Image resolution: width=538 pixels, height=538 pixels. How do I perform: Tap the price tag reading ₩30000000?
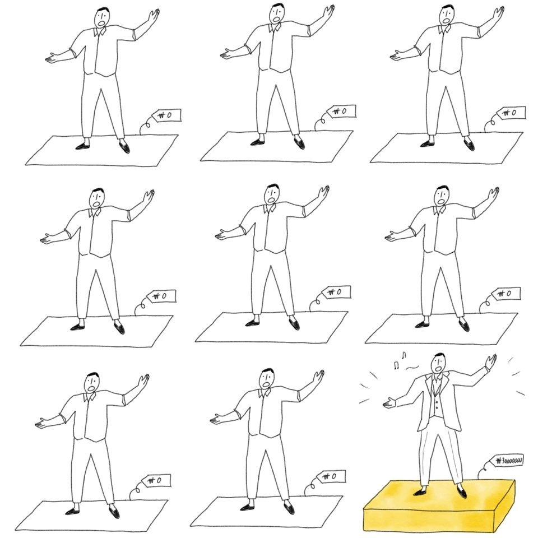point(508,460)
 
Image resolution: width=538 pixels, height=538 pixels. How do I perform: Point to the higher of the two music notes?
point(404,355)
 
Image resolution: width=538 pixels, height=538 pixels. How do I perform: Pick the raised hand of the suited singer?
point(491,361)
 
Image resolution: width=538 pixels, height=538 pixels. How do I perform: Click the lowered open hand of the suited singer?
point(389,402)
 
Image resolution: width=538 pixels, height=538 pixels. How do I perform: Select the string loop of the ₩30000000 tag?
point(484,471)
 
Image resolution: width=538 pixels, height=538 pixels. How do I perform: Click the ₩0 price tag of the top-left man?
point(166,115)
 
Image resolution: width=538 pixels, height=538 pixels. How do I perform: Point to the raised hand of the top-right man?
point(498,15)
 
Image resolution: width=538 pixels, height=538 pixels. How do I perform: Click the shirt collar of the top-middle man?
point(274,28)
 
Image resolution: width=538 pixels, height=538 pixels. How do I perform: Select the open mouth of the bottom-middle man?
point(266,383)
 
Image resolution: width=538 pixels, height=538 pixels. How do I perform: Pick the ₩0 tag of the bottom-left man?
point(156,480)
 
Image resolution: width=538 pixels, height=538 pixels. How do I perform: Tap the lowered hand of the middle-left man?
point(47,239)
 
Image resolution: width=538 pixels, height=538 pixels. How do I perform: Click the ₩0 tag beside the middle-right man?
point(505,294)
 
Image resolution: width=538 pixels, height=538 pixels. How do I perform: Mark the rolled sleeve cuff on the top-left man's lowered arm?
point(73,53)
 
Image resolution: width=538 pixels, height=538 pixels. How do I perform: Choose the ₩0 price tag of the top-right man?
point(511,113)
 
